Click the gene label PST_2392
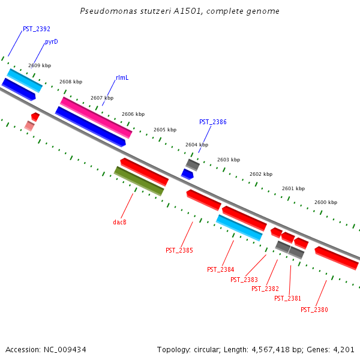pyautogui.click(x=36, y=29)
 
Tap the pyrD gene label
pyautogui.click(x=51, y=42)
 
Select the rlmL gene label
pyautogui.click(x=122, y=78)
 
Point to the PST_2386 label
pyautogui.click(x=213, y=122)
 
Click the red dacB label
pyautogui.click(x=119, y=222)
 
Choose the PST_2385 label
pyautogui.click(x=179, y=250)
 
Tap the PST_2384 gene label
pyautogui.click(x=220, y=270)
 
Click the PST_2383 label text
pyautogui.click(x=244, y=280)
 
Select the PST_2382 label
pyautogui.click(x=265, y=289)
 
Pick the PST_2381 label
pyautogui.click(x=287, y=298)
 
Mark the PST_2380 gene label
pyautogui.click(x=314, y=310)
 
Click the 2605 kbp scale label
pyautogui.click(x=165, y=130)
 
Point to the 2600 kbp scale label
pyautogui.click(x=326, y=202)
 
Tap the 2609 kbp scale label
pyautogui.click(x=40, y=65)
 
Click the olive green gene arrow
pyautogui.click(x=139, y=181)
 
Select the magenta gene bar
pyautogui.click(x=96, y=118)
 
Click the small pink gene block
pyautogui.click(x=29, y=125)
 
